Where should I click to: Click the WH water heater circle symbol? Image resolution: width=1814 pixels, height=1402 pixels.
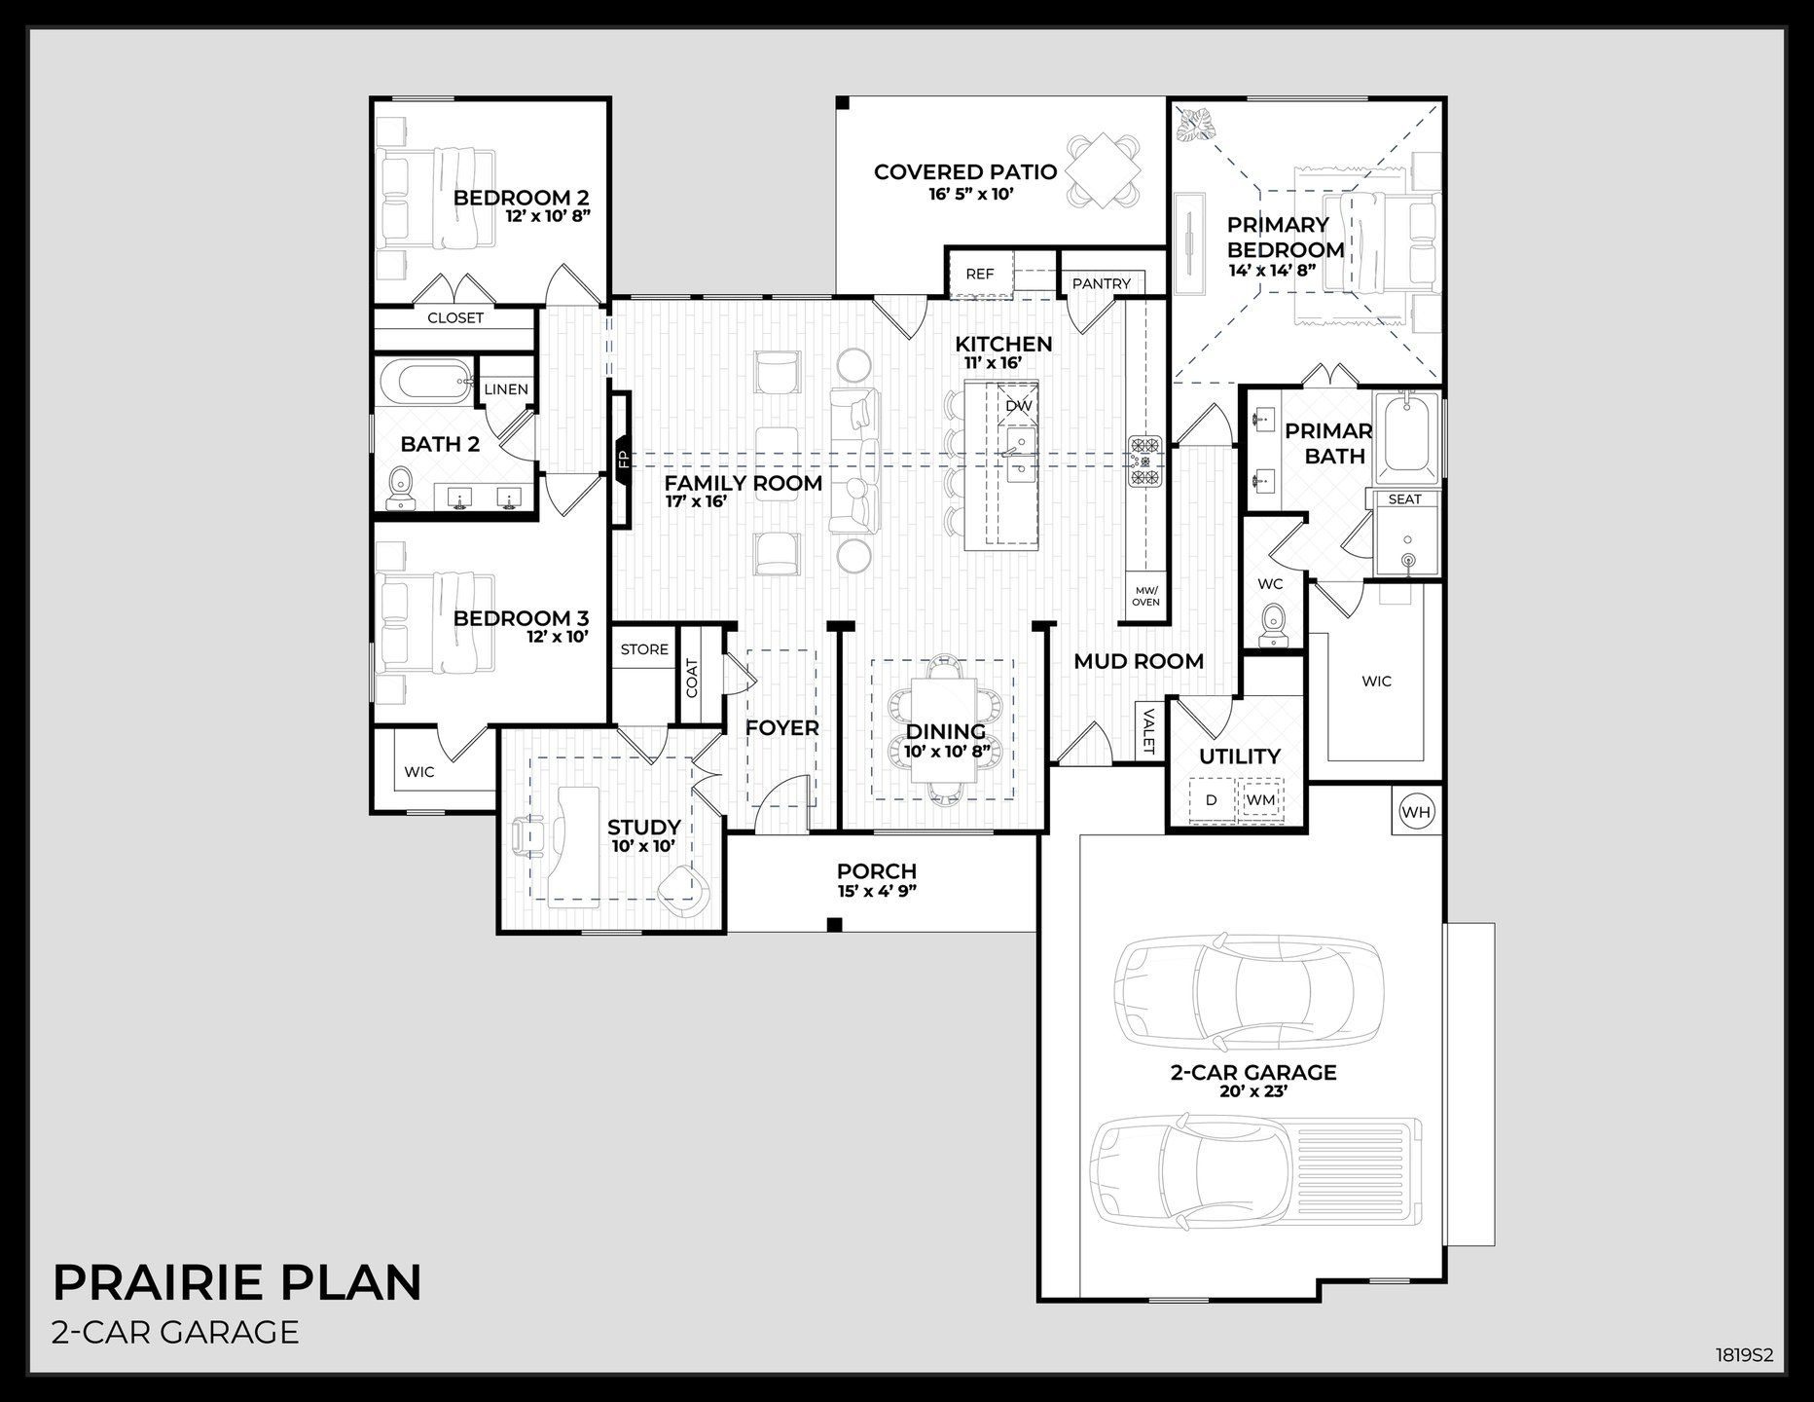pyautogui.click(x=1416, y=810)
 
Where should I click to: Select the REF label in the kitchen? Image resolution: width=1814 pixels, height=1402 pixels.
pyautogui.click(x=980, y=274)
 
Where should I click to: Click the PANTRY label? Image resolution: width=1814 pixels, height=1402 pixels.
pyautogui.click(x=1102, y=283)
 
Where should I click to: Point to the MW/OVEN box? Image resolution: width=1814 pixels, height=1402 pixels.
pyautogui.click(x=1145, y=596)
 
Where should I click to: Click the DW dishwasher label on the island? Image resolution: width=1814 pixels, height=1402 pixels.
pyautogui.click(x=1018, y=405)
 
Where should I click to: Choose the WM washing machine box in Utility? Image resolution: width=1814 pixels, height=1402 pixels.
pyautogui.click(x=1260, y=800)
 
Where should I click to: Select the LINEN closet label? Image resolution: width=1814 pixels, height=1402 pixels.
pyautogui.click(x=506, y=389)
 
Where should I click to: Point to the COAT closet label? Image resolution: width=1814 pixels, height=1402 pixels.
pyautogui.click(x=692, y=679)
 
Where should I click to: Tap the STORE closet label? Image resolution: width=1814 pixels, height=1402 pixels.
pyautogui.click(x=644, y=649)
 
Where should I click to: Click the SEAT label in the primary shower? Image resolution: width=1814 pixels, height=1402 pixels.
pyautogui.click(x=1404, y=499)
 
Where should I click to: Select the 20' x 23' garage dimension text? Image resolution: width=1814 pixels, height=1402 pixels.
pyautogui.click(x=1252, y=1092)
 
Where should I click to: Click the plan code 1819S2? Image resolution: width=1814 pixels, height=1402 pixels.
pyautogui.click(x=1744, y=1354)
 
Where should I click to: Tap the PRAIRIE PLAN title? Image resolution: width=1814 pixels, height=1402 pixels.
pyautogui.click(x=237, y=1282)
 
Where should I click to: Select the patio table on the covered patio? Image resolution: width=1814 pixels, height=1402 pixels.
pyautogui.click(x=1104, y=171)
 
